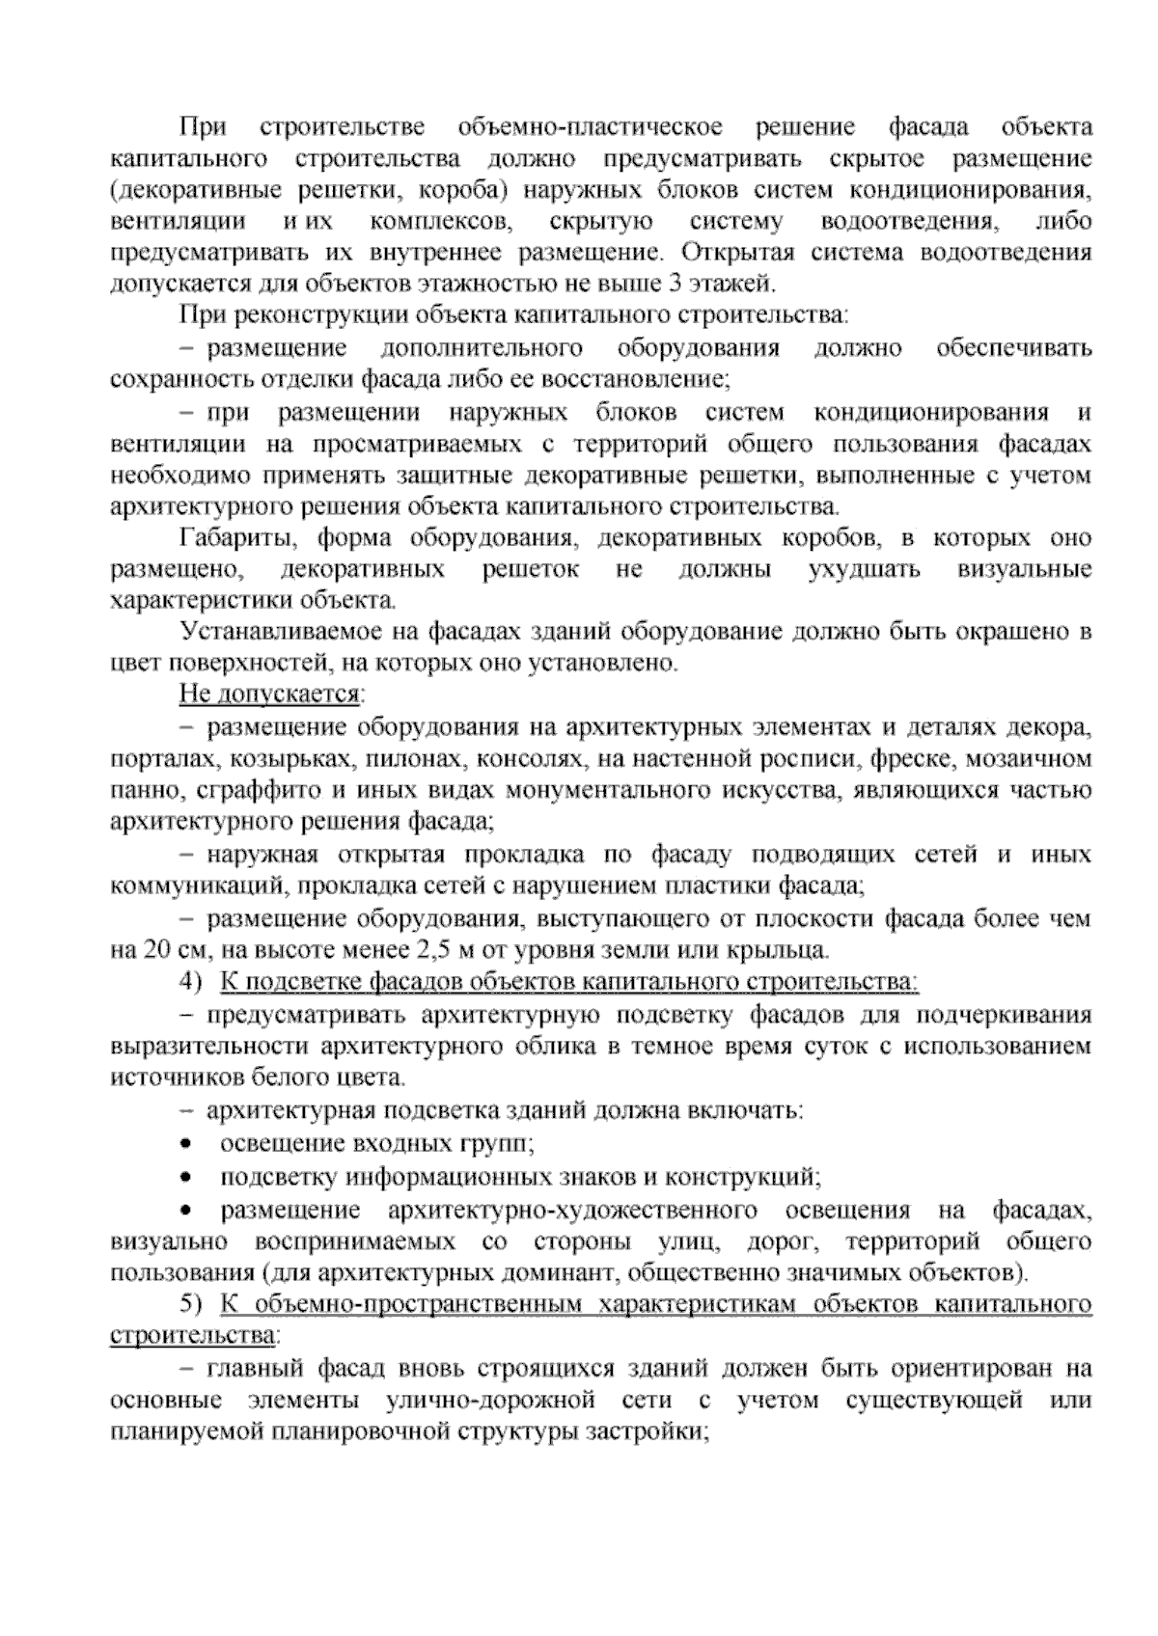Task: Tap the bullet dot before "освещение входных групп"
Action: pyautogui.click(x=186, y=1144)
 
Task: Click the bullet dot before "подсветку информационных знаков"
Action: pyautogui.click(x=186, y=1178)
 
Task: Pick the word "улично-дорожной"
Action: pyautogui.click(x=474, y=1400)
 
